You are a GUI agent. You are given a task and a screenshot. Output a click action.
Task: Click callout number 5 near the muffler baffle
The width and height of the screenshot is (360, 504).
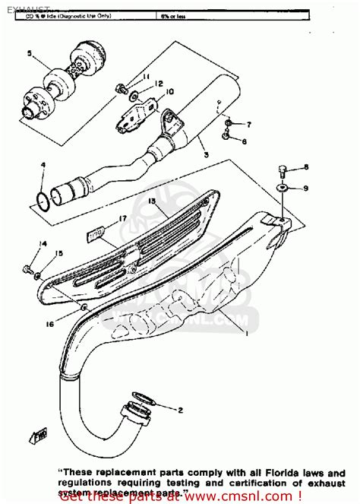30,53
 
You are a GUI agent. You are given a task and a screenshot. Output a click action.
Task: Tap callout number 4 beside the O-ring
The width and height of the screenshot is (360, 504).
43,165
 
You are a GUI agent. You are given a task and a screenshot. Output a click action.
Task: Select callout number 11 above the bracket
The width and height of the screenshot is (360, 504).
147,78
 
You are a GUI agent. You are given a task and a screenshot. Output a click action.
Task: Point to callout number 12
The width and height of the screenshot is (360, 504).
159,84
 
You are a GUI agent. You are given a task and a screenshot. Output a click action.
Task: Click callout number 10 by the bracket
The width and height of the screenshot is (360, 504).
169,92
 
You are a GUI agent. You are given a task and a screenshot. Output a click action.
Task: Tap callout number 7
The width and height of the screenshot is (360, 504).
248,124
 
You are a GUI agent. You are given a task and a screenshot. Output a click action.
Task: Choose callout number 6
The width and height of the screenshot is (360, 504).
244,141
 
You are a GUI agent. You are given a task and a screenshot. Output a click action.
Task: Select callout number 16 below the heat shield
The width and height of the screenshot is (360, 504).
50,324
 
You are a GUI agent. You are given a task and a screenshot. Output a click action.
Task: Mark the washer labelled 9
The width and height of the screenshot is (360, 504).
283,187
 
